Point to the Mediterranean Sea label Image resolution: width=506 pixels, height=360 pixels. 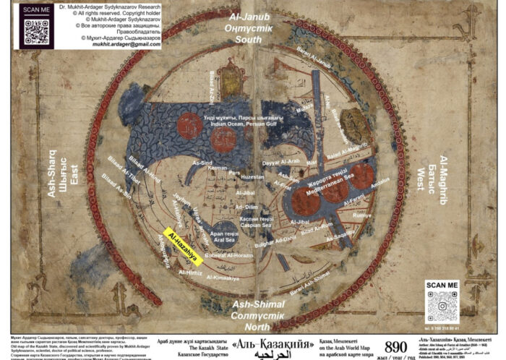[x=323, y=173]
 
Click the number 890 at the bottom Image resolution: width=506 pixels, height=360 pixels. [x=396, y=346]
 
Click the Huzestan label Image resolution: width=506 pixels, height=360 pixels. [x=252, y=177]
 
